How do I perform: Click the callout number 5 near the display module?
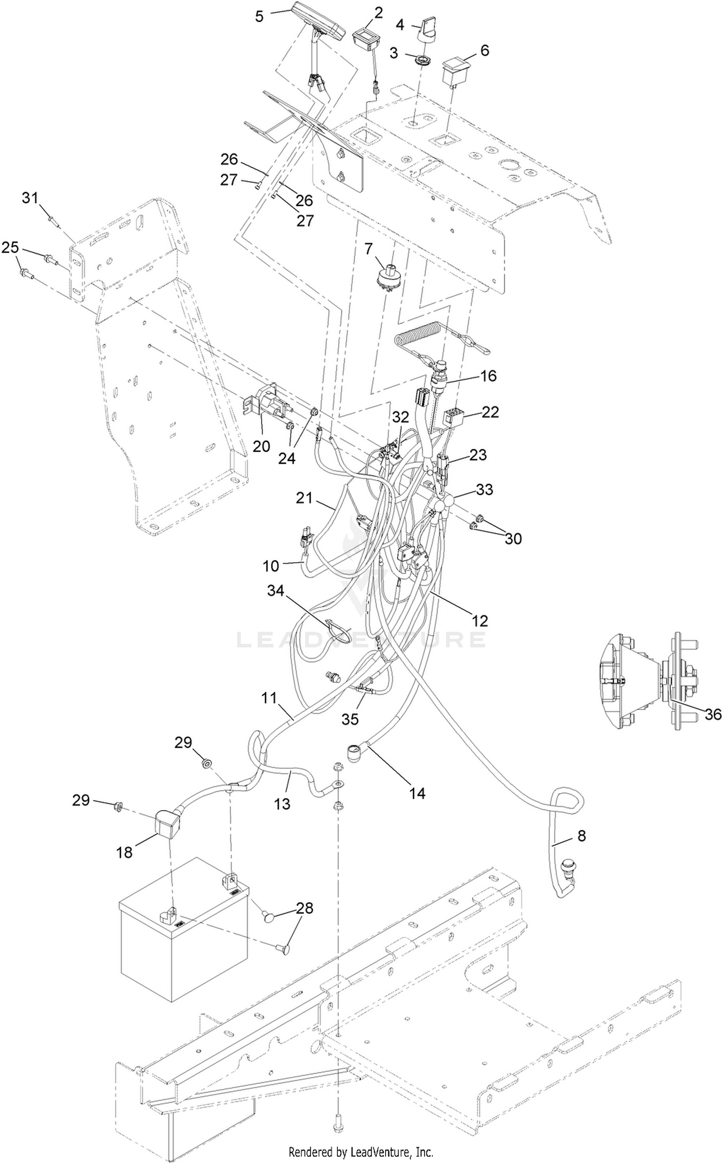pyautogui.click(x=259, y=16)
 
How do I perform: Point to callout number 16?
pyautogui.click(x=489, y=376)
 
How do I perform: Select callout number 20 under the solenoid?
pyautogui.click(x=262, y=446)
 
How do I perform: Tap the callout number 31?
pyautogui.click(x=30, y=197)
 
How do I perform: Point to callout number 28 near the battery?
pyautogui.click(x=305, y=908)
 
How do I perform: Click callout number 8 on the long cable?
pyautogui.click(x=581, y=836)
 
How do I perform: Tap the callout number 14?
pyautogui.click(x=417, y=792)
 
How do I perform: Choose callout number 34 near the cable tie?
pyautogui.click(x=276, y=590)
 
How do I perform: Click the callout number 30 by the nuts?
pyautogui.click(x=513, y=538)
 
